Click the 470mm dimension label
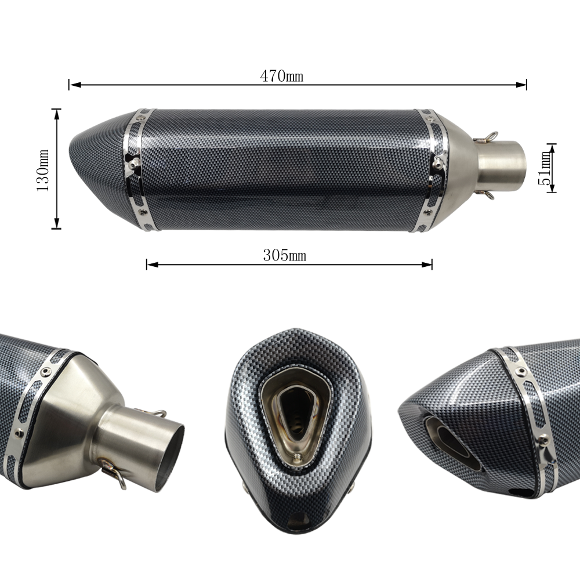point(281,76)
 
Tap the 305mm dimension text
point(284,255)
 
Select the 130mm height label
point(43,170)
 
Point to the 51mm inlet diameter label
point(545,168)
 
